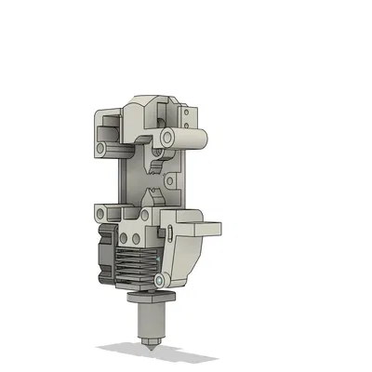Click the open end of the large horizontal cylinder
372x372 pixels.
point(167,137)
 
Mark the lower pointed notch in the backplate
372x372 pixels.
point(150,197)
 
